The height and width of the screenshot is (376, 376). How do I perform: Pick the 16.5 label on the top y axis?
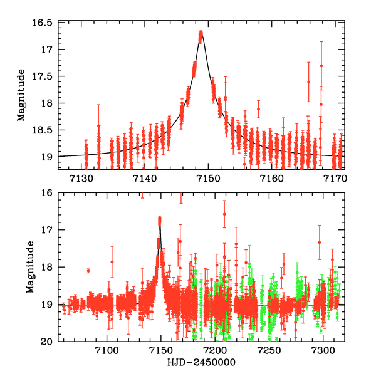[x=44, y=23]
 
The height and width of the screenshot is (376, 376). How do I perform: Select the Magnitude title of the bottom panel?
[x=29, y=268]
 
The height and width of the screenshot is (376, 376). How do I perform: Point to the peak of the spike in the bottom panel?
[x=160, y=219]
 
